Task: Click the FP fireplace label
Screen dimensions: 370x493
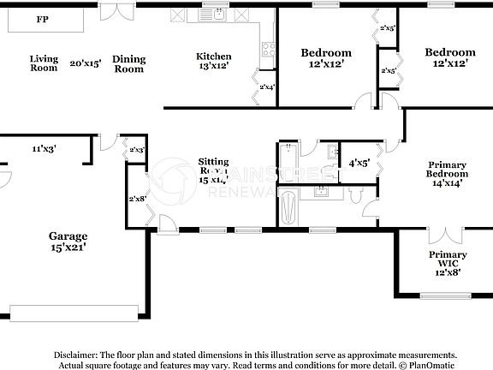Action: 41,19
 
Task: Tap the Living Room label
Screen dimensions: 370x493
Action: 44,63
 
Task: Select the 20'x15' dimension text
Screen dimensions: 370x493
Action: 86,63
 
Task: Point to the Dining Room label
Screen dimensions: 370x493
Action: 129,64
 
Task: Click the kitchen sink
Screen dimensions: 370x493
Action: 218,15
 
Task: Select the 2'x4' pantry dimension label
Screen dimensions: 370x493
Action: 267,86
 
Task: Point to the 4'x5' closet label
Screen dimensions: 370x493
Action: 358,162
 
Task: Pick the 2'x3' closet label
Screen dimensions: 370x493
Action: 137,150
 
